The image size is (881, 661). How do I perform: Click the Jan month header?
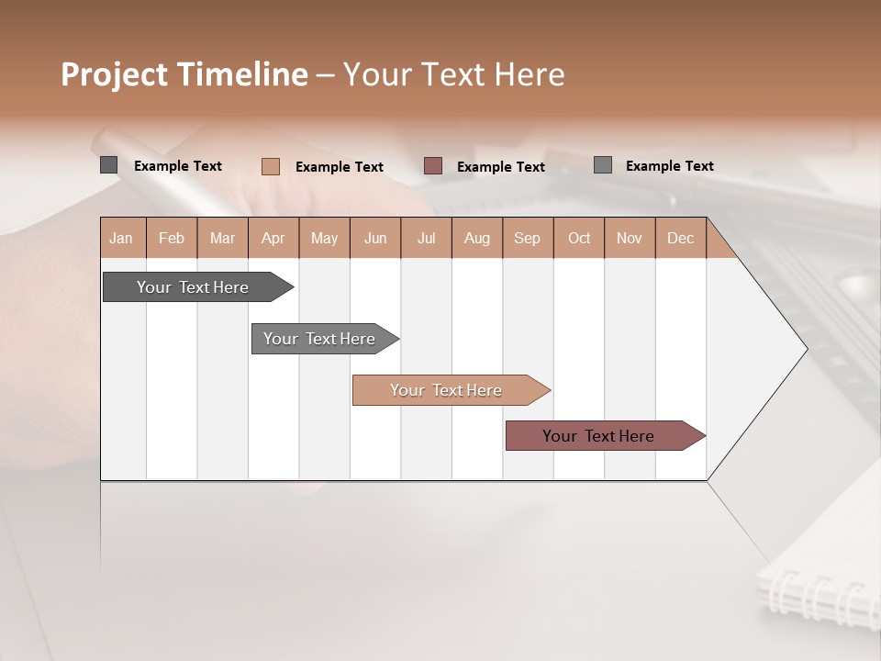(122, 238)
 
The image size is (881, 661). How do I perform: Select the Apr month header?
(273, 238)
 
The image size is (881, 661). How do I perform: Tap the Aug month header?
(476, 238)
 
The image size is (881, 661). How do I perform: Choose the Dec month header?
(680, 238)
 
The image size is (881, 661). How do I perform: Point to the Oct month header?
(579, 238)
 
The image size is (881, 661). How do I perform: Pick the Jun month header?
(375, 238)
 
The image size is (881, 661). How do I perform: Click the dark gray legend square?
(109, 165)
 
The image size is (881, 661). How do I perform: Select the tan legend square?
(270, 166)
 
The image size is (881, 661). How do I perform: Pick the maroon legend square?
(433, 165)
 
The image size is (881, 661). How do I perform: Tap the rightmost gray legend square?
(602, 165)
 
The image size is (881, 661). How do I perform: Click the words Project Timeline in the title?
(184, 74)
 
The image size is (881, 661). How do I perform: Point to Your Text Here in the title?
(453, 74)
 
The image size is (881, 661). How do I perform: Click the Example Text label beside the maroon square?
(501, 166)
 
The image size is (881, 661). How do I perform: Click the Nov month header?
(630, 238)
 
